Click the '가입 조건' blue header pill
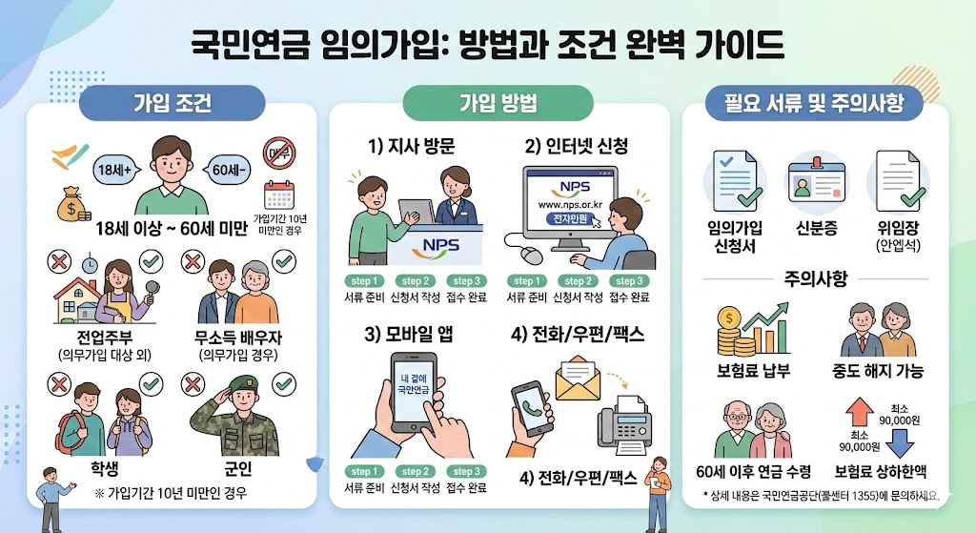pos(172,103)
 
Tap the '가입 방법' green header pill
pos(498,103)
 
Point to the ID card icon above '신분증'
pos(815,182)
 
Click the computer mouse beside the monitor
pos(530,255)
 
